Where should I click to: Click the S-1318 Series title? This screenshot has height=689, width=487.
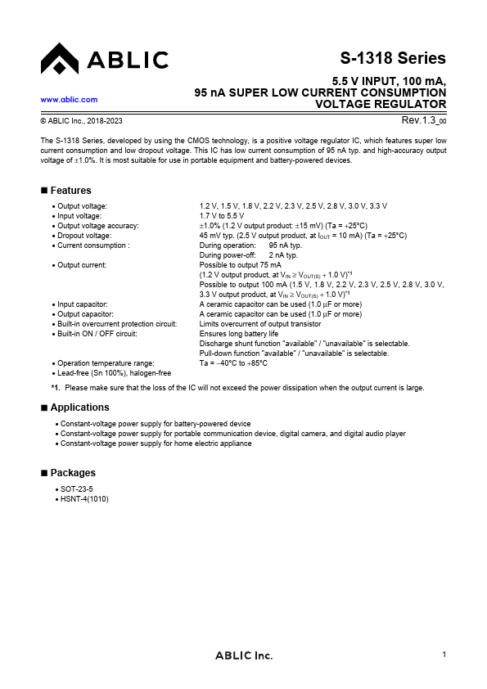click(393, 58)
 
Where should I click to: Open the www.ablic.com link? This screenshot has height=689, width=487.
click(69, 99)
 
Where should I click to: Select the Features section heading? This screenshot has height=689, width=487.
click(70, 191)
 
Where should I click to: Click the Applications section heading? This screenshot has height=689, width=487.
click(79, 408)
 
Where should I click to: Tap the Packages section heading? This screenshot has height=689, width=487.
click(73, 473)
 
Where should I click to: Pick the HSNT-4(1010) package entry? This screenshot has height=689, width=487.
click(84, 498)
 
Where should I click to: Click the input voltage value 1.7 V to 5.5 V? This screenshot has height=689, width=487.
click(222, 215)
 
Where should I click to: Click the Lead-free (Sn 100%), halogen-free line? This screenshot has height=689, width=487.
click(114, 373)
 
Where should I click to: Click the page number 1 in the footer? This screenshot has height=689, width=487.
click(444, 654)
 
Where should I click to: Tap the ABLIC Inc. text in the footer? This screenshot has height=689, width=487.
click(243, 655)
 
